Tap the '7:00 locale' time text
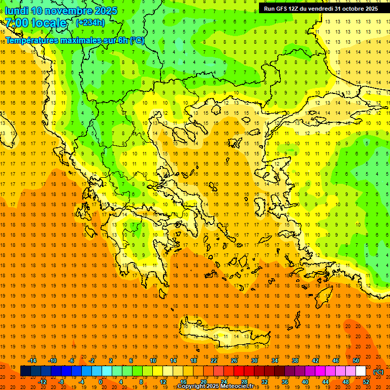(x=36, y=23)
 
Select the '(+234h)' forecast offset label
(x=90, y=22)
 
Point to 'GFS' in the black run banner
(x=283, y=9)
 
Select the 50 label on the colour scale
(x=356, y=361)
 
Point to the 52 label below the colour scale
(x=366, y=382)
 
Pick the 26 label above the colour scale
(x=234, y=361)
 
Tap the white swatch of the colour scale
(x=361, y=371)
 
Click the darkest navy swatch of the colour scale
(x=25, y=371)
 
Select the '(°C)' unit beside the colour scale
(x=378, y=372)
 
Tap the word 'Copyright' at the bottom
(x=193, y=386)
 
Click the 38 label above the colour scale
(x=295, y=361)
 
